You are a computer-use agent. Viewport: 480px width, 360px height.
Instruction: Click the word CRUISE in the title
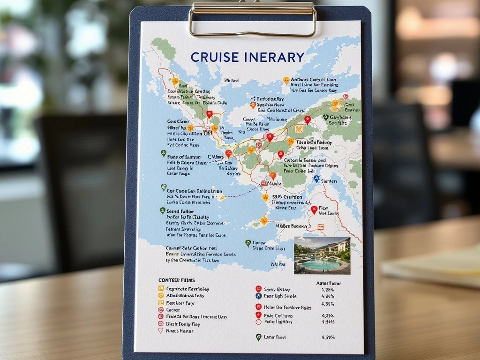(216, 57)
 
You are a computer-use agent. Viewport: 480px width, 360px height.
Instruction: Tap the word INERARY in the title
(275, 57)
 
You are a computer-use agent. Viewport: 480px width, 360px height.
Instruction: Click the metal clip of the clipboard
(253, 19)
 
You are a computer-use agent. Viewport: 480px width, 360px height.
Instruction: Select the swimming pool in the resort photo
(322, 263)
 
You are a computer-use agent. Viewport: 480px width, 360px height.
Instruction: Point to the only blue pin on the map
(316, 179)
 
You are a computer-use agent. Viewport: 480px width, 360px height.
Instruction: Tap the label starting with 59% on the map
(286, 197)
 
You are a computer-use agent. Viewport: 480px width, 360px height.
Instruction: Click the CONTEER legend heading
(176, 280)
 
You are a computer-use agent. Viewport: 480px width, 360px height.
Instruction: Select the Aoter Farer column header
(329, 283)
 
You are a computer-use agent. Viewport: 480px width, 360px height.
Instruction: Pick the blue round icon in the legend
(258, 296)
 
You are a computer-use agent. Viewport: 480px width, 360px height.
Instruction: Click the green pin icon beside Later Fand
(258, 337)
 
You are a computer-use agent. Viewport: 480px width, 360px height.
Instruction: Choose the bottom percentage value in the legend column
(328, 337)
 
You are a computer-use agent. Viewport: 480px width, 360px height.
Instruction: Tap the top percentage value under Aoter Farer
(328, 290)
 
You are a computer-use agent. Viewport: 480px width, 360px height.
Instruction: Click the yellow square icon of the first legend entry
(161, 289)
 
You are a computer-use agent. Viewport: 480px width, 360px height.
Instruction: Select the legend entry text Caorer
(173, 310)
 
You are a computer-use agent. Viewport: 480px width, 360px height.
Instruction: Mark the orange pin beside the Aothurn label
(286, 81)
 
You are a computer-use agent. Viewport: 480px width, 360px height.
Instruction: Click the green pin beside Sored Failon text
(163, 211)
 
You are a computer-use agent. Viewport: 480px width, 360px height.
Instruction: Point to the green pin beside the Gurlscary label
(325, 117)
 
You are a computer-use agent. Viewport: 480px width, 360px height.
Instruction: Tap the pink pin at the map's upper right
(345, 97)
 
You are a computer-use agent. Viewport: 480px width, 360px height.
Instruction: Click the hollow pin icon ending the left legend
(161, 330)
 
